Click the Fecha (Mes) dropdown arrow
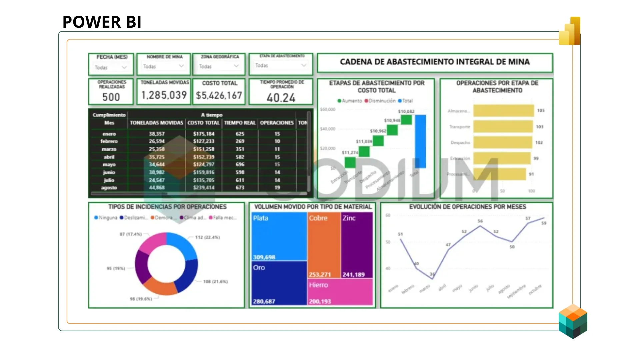tap(124, 68)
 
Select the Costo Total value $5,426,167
tap(219, 96)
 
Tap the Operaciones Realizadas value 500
tap(111, 97)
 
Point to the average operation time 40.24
tap(281, 98)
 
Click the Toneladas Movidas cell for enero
tap(157, 134)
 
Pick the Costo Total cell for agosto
tap(204, 188)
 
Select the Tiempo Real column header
tap(240, 123)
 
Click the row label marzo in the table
tap(109, 149)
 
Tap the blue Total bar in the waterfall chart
tap(420, 141)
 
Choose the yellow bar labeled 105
tap(503, 111)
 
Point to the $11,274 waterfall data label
tap(350, 153)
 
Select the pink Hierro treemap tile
tap(340, 292)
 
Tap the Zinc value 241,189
tap(353, 275)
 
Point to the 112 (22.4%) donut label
tap(207, 237)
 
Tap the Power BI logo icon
tap(570, 32)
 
